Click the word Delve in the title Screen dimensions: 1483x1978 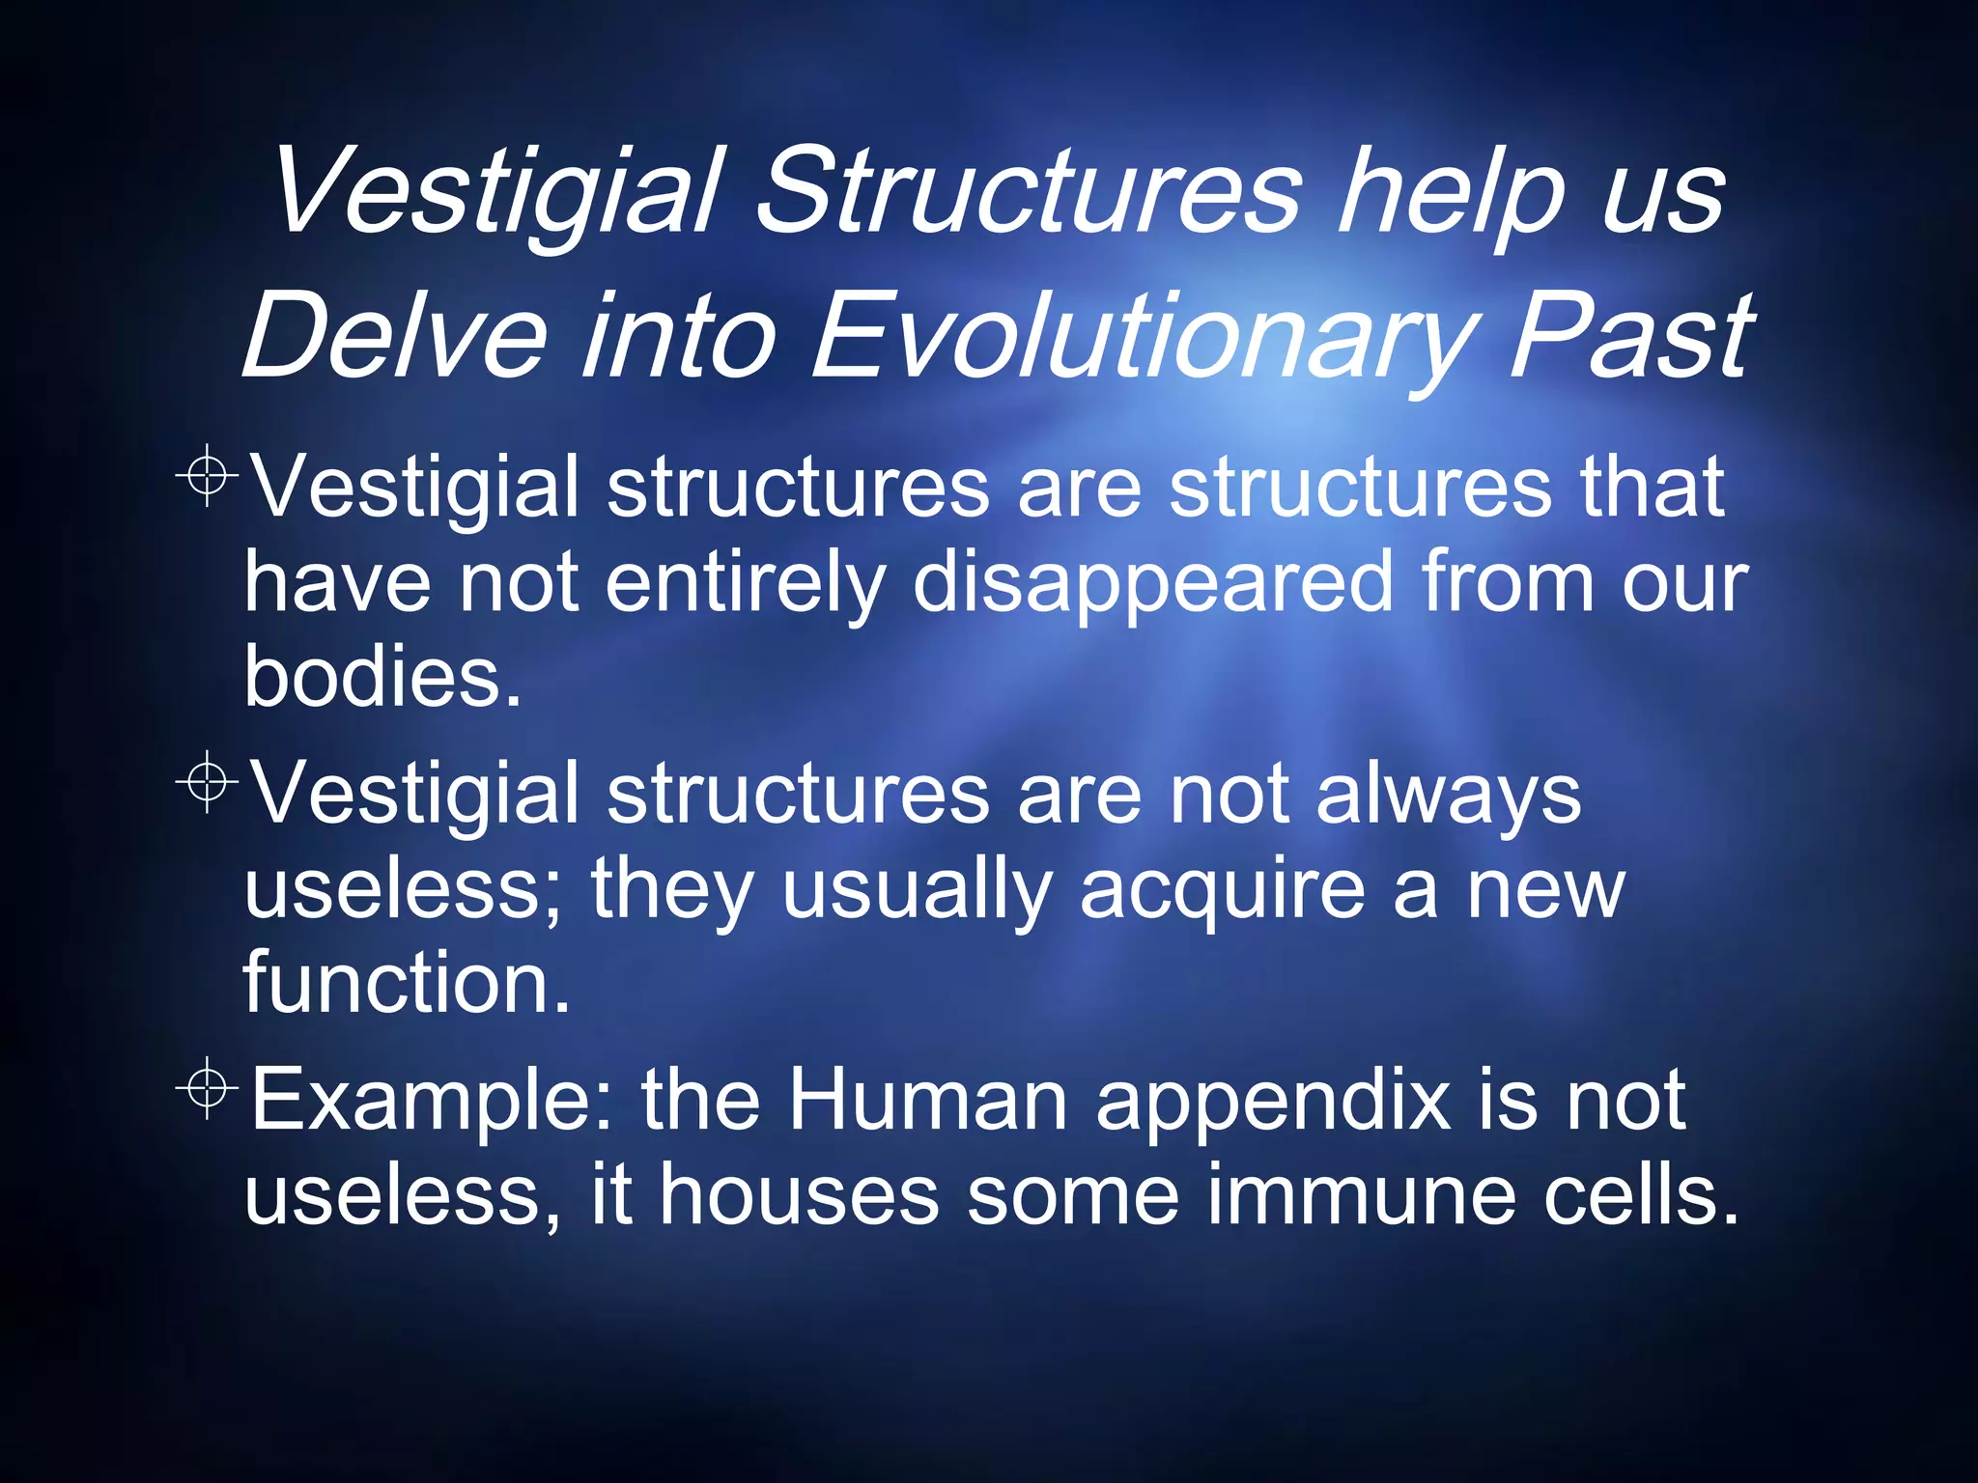tap(394, 335)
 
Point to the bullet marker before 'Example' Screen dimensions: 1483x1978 tap(207, 1087)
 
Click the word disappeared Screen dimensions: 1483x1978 tap(1153, 583)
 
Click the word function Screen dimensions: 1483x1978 tap(407, 982)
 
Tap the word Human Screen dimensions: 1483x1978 tap(927, 1100)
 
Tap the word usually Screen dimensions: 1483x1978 tap(916, 890)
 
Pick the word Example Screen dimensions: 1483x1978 tap(431, 1102)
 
